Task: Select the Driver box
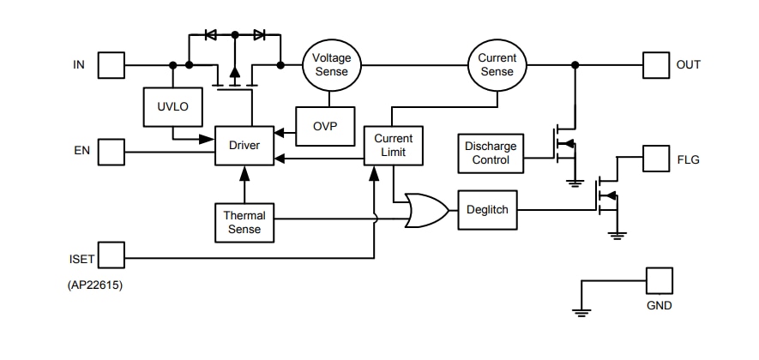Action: click(244, 145)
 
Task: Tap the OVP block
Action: click(325, 126)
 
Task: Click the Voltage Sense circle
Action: click(331, 65)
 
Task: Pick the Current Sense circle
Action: click(497, 65)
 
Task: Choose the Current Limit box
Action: click(393, 146)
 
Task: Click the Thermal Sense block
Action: click(244, 222)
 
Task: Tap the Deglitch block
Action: click(488, 209)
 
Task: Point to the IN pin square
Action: click(111, 65)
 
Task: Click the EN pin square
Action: click(111, 152)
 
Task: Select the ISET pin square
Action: click(111, 255)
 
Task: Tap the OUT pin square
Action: click(656, 65)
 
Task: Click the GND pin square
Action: click(659, 280)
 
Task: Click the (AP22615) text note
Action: click(94, 285)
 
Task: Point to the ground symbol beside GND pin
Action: click(582, 312)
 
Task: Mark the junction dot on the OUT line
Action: click(575, 65)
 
